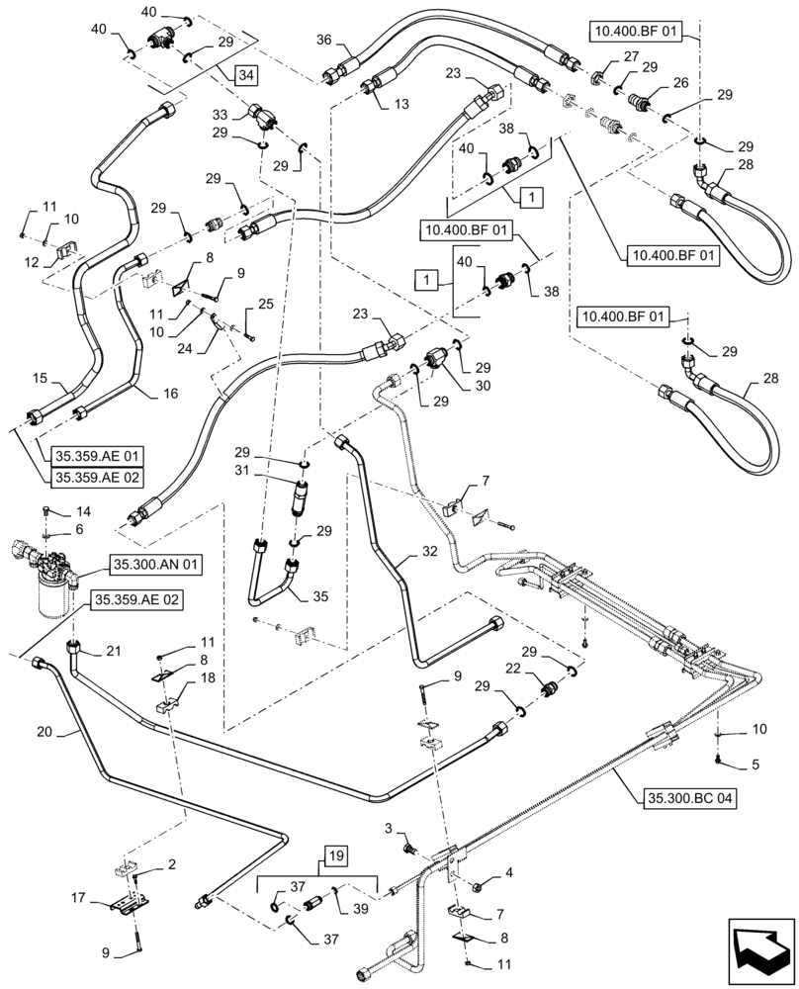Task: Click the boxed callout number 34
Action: pyautogui.click(x=246, y=74)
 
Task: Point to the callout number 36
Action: pyautogui.click(x=322, y=41)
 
